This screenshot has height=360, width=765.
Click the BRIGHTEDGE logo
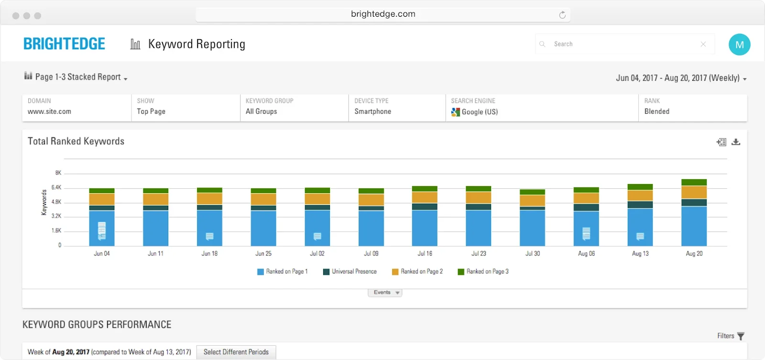click(64, 44)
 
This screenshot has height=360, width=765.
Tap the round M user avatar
click(739, 44)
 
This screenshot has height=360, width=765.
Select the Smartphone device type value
click(372, 111)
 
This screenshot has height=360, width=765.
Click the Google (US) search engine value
click(479, 112)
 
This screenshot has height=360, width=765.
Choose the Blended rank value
click(656, 111)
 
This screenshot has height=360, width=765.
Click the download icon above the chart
click(736, 142)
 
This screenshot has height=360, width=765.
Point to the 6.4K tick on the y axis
click(56, 187)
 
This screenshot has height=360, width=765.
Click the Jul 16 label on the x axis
click(425, 254)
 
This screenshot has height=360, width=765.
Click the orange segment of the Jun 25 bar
click(263, 199)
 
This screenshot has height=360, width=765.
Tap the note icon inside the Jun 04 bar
click(102, 230)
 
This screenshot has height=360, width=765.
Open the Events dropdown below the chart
click(385, 293)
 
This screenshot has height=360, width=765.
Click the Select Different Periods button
click(236, 352)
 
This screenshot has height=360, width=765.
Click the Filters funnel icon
click(741, 336)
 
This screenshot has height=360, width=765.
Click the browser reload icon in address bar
click(562, 15)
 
